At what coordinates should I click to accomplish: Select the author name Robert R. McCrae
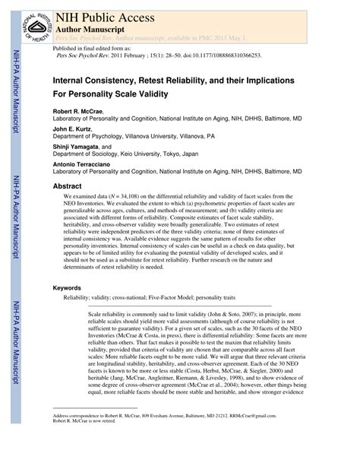coord(77,111)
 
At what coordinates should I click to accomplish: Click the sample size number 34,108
coord(133,196)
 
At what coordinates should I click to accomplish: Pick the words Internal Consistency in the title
coord(95,79)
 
